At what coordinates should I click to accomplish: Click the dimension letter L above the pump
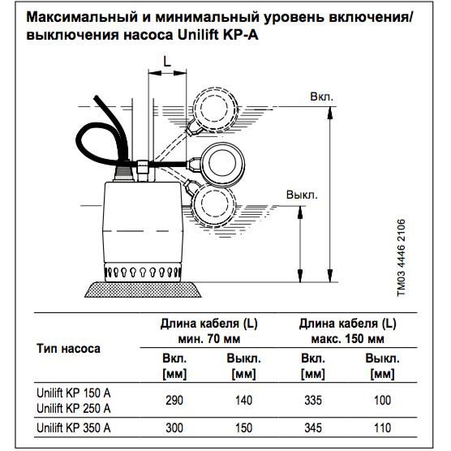(x=167, y=61)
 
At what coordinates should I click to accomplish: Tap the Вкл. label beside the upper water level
(x=321, y=97)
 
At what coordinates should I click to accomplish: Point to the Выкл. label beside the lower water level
(x=302, y=195)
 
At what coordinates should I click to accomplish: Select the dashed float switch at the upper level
(x=214, y=110)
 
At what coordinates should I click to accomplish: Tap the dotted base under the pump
(x=143, y=290)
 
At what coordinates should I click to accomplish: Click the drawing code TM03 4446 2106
(x=401, y=258)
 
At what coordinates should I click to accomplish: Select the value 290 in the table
(x=174, y=401)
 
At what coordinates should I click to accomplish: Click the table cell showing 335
(x=313, y=401)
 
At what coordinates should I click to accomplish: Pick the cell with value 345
(x=313, y=427)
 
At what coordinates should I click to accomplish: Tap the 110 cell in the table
(x=382, y=427)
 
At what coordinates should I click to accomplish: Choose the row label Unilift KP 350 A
(x=74, y=427)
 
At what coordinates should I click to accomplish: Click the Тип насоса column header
(x=68, y=349)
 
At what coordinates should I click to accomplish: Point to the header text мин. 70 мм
(x=209, y=339)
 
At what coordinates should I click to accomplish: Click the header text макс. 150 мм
(x=347, y=339)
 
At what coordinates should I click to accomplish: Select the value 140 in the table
(x=243, y=401)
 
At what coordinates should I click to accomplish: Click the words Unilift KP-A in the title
(x=218, y=35)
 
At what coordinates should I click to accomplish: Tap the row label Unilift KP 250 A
(x=74, y=408)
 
